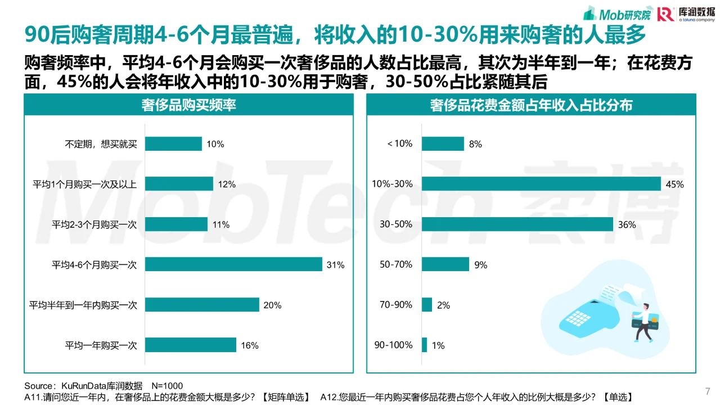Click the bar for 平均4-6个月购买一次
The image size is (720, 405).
click(x=233, y=264)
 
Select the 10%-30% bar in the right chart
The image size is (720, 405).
click(x=541, y=184)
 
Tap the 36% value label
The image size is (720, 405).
click(x=627, y=224)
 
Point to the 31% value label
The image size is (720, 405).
click(x=335, y=264)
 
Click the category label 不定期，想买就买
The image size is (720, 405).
click(x=101, y=144)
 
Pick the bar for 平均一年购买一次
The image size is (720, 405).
click(x=191, y=345)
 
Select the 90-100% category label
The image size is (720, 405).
click(x=393, y=345)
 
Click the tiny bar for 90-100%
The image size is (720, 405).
click(x=425, y=345)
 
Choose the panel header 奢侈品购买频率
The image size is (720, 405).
click(x=188, y=105)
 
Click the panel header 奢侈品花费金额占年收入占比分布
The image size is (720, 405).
click(x=531, y=105)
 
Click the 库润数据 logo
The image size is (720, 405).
click(x=682, y=13)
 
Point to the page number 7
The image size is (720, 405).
click(x=708, y=391)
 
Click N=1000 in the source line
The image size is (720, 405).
click(x=168, y=386)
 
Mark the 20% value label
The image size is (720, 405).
click(x=272, y=305)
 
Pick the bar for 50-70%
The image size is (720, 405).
click(x=445, y=264)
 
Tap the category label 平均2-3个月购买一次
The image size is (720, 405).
click(x=94, y=224)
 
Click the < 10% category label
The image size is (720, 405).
click(x=399, y=144)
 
